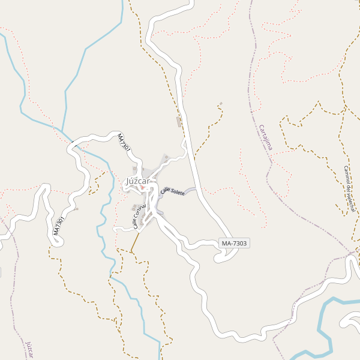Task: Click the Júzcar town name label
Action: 139,181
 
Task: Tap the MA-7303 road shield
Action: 234,243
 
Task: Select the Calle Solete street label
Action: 173,191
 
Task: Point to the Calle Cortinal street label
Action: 139,217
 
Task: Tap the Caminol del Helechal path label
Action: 349,188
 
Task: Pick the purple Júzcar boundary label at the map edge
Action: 29,350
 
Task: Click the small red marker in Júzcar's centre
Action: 142,188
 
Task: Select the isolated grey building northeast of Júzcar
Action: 221,104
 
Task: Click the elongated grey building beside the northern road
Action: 178,122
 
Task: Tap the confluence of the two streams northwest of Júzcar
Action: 62,130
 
